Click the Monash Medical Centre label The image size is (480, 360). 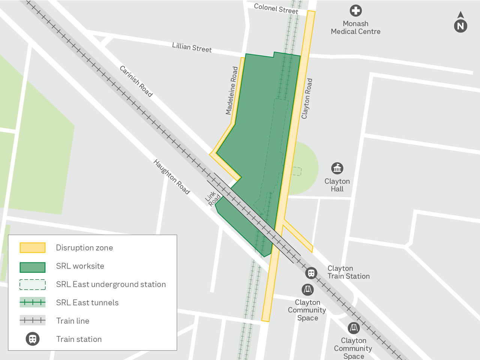click(x=355, y=28)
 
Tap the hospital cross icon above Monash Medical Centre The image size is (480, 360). click(x=355, y=10)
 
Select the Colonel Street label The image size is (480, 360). click(x=276, y=9)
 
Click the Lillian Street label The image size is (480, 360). click(x=192, y=47)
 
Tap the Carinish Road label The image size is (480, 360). click(x=136, y=81)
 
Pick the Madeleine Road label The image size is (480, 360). click(x=232, y=90)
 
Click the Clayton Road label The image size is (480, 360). click(x=307, y=99)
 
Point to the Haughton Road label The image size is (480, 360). click(x=172, y=176)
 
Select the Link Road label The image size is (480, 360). click(x=213, y=198)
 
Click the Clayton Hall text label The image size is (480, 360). click(x=337, y=185)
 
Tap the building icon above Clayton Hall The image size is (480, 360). click(x=337, y=168)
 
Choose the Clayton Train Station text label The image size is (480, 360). click(x=348, y=272)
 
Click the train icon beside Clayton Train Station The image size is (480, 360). click(x=311, y=273)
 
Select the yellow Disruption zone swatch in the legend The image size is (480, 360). click(x=33, y=247)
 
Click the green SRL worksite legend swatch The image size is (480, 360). click(x=33, y=267)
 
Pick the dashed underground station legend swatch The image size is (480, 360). click(x=33, y=285)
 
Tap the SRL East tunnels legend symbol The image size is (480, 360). click(x=33, y=302)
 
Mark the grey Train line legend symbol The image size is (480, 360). click(x=33, y=320)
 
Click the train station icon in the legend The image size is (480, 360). click(x=33, y=339)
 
